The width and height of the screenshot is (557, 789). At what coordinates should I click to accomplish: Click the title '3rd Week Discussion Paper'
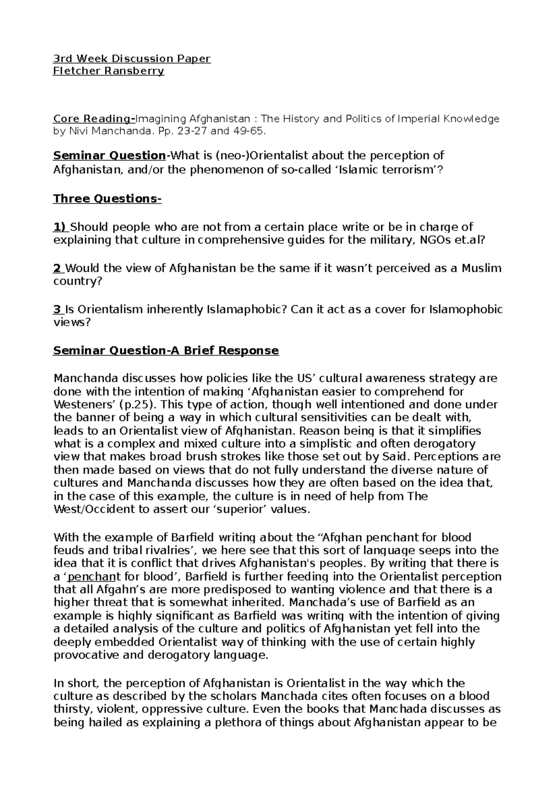132,59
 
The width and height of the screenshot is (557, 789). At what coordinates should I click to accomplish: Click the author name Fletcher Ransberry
109,71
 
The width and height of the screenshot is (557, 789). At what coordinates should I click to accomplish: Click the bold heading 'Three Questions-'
107,198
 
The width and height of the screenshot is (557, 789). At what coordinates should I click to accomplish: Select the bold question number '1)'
60,227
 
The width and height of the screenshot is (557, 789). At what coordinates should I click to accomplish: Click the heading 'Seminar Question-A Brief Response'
166,350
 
